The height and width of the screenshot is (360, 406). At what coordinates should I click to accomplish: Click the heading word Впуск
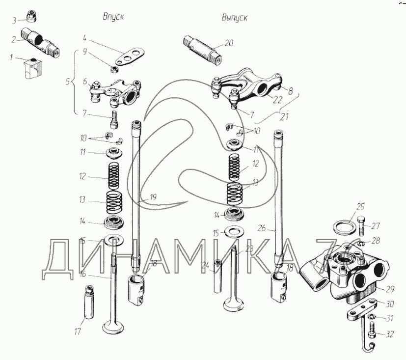113,17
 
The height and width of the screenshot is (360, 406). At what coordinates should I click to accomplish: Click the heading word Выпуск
234,18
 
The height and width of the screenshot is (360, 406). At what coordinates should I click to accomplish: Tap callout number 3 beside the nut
14,20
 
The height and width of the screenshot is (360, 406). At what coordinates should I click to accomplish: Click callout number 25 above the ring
360,206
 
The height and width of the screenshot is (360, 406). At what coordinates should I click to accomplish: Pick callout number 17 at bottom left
77,332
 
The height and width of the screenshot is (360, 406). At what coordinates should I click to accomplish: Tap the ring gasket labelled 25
343,228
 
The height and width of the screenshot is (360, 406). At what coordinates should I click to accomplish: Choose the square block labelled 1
31,69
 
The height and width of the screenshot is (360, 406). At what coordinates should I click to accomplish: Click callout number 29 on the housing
390,289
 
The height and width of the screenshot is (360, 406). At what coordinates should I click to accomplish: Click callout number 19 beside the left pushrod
153,198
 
